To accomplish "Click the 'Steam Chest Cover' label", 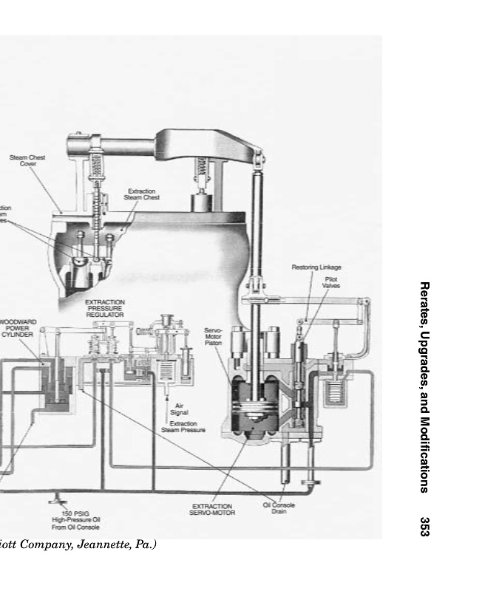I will click(x=27, y=160).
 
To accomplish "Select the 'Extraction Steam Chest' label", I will click(x=141, y=194).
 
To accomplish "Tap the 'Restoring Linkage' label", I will click(x=316, y=267).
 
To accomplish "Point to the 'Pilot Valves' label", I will click(x=331, y=282).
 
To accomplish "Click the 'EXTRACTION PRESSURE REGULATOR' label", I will click(x=105, y=308).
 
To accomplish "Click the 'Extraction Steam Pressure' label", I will click(x=183, y=427).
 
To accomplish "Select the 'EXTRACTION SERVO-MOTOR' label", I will click(x=213, y=509).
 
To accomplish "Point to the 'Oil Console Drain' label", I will click(x=279, y=508).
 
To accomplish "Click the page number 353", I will click(x=424, y=526).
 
